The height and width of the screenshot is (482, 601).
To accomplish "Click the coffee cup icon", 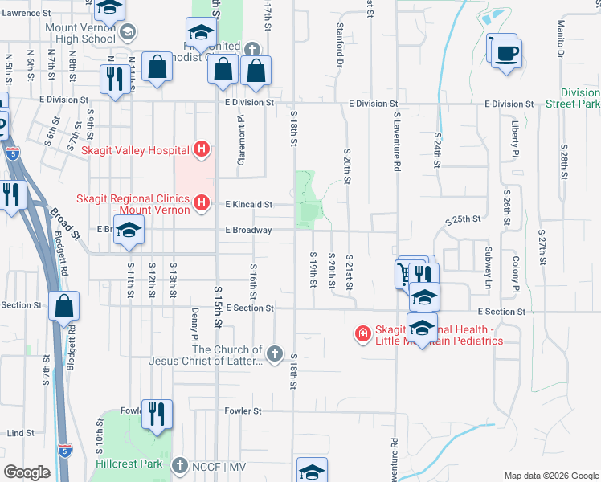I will click(505, 54).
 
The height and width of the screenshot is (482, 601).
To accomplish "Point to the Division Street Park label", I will click(580, 98).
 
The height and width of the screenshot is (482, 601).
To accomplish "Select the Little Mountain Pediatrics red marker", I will click(363, 333).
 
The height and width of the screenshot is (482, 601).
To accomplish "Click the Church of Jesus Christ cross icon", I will click(275, 353).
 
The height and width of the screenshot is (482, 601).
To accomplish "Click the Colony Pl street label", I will click(516, 273).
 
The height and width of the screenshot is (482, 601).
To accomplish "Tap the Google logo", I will click(27, 472).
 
